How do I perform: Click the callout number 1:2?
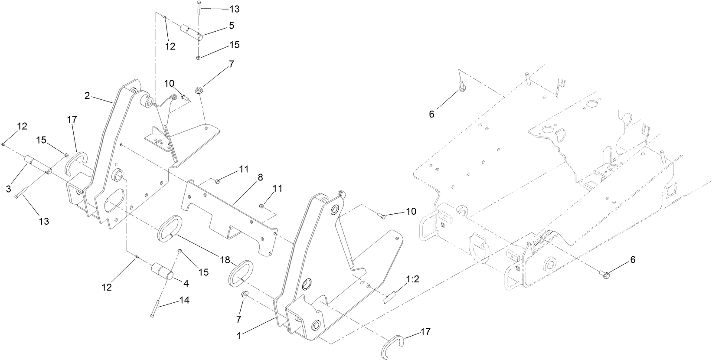click(412, 279)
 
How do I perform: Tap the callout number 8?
click(260, 177)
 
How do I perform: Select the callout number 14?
click(184, 300)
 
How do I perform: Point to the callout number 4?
click(186, 283)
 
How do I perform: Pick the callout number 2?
click(87, 95)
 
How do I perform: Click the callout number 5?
click(232, 26)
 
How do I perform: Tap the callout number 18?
click(225, 260)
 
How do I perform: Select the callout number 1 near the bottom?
click(239, 336)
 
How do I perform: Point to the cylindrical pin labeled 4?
click(163, 271)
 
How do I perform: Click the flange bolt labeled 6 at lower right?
click(604, 274)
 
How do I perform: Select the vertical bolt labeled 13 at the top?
click(199, 8)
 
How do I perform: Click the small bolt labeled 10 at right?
click(382, 216)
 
